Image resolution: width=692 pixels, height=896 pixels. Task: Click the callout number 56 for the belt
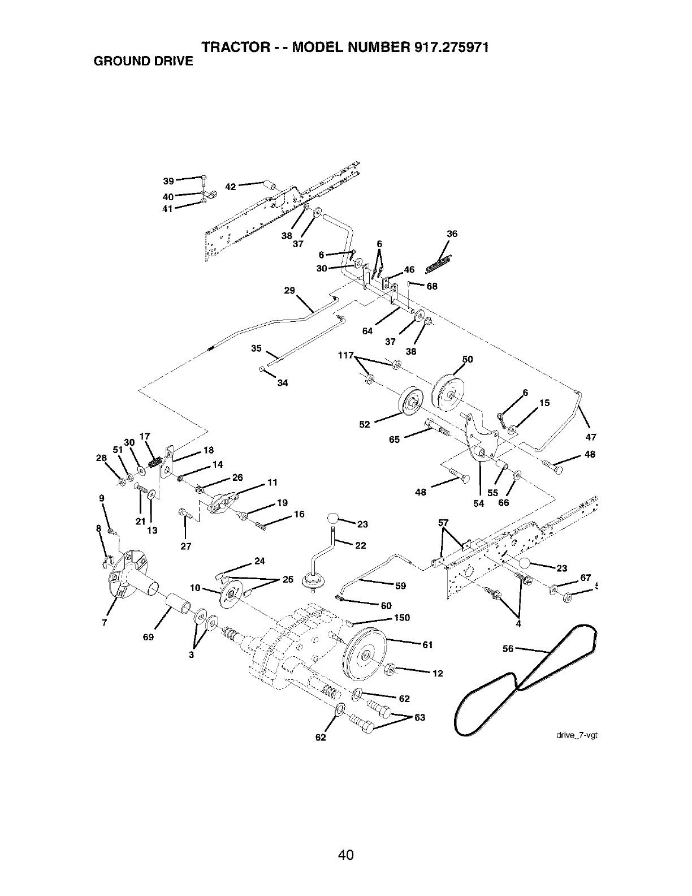coord(508,649)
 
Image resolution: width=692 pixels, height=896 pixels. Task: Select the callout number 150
coord(402,618)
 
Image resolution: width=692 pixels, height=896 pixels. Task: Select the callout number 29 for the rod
coord(289,290)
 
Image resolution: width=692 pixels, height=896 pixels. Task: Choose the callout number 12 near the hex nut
coord(437,673)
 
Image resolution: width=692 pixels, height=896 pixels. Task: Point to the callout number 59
coord(400,586)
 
